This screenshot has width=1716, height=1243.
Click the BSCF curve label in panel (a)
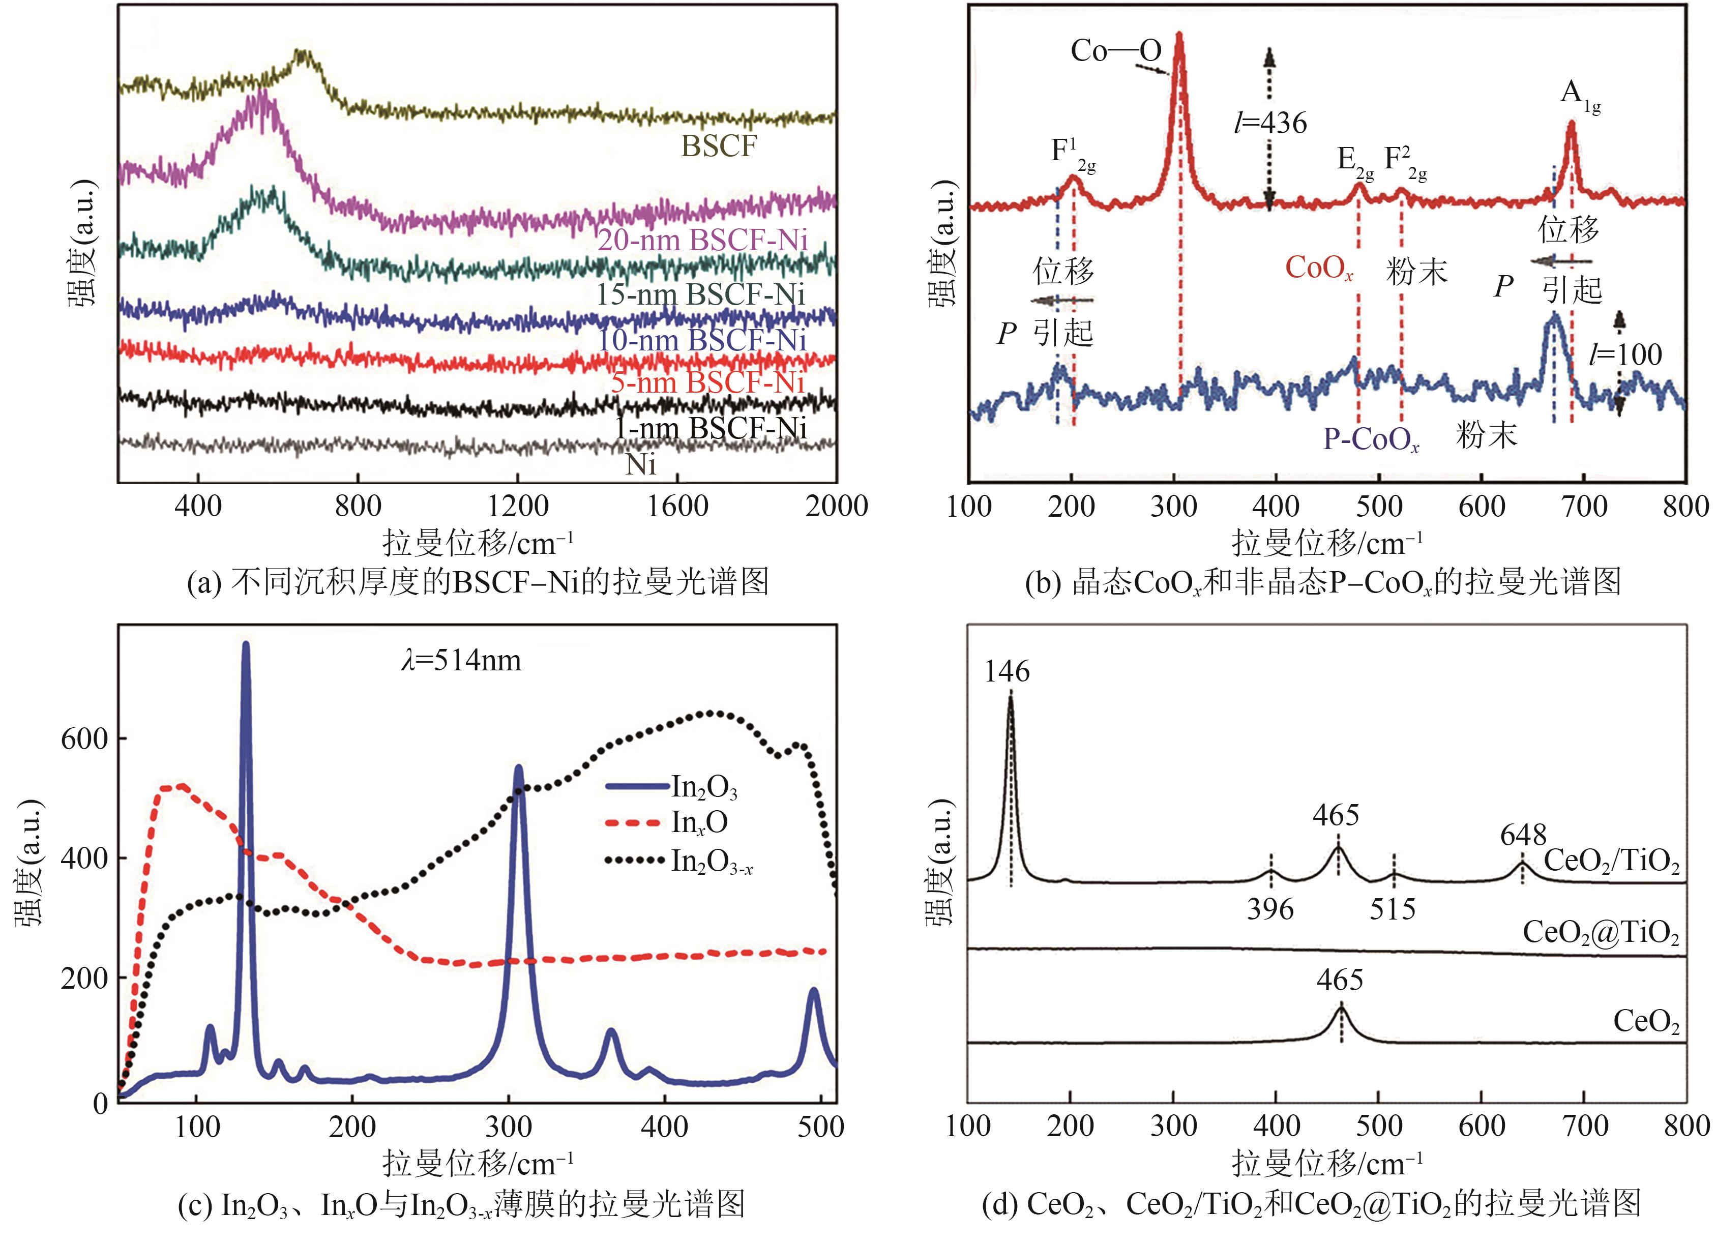[x=718, y=146]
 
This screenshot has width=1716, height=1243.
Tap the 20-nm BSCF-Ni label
[x=702, y=241]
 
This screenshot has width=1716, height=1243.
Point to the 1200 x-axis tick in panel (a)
[x=518, y=506]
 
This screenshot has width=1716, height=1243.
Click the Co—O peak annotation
[x=1115, y=51]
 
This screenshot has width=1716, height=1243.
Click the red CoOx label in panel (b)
[x=1319, y=269]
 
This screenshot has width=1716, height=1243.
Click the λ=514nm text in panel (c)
[x=461, y=661]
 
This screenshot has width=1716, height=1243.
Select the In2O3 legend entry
[x=704, y=788]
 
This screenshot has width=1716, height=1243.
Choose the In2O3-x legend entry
[x=711, y=862]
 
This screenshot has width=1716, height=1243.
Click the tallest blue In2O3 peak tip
[x=245, y=644]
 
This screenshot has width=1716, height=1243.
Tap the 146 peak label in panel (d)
[x=1007, y=671]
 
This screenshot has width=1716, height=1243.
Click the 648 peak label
[x=1524, y=835]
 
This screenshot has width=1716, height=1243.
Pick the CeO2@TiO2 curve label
[x=1600, y=932]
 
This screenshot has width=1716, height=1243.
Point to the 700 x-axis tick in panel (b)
[x=1584, y=506]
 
